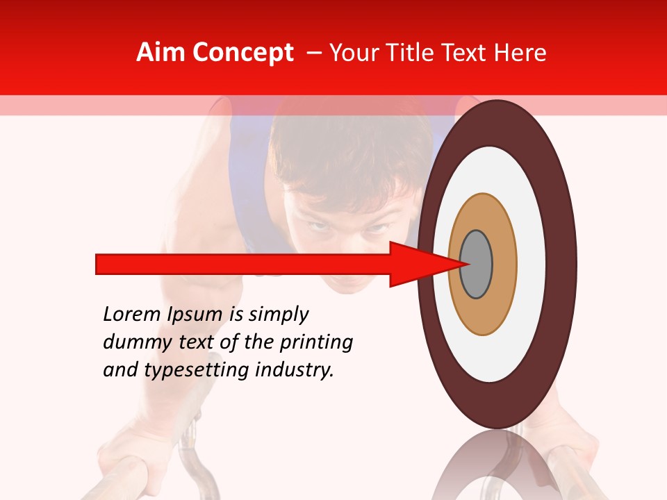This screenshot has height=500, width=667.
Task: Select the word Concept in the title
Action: (x=243, y=53)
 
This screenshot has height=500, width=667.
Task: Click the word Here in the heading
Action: (x=520, y=53)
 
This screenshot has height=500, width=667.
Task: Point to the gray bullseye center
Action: (x=477, y=265)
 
